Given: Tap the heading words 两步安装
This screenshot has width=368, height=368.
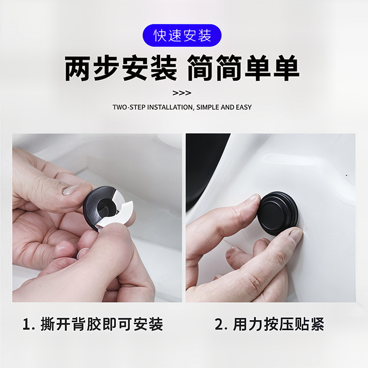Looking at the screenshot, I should point(121,69).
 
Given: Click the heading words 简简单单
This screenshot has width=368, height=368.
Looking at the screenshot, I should point(244,69).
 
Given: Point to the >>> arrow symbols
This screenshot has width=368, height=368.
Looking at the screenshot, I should point(182,93).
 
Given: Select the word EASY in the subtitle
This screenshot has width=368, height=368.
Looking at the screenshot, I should point(243,107).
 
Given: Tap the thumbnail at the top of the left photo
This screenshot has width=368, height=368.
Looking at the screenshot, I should point(73,189).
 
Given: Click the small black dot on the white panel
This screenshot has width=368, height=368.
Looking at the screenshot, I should point(346,175).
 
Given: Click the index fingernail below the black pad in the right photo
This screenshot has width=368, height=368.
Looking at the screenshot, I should point(295,236).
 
